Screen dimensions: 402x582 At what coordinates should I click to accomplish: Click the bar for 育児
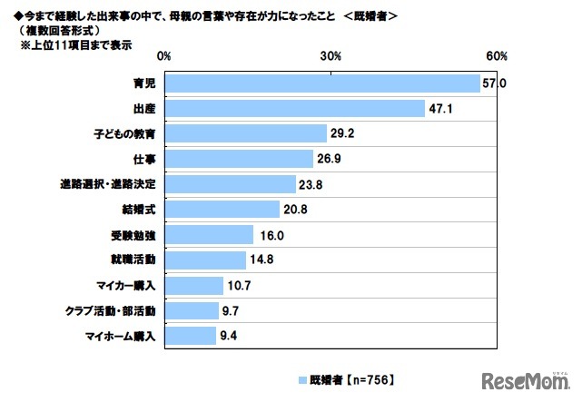coord(322,84)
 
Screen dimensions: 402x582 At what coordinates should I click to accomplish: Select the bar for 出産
coord(295,109)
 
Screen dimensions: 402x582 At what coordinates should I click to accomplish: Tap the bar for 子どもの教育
coord(245,134)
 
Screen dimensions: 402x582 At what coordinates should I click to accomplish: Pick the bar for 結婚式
coord(222,210)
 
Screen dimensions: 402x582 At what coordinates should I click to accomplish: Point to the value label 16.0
coord(268,235)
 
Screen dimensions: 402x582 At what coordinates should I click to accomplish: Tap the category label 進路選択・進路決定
coord(107,185)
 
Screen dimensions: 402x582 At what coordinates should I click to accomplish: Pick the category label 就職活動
coord(137,260)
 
